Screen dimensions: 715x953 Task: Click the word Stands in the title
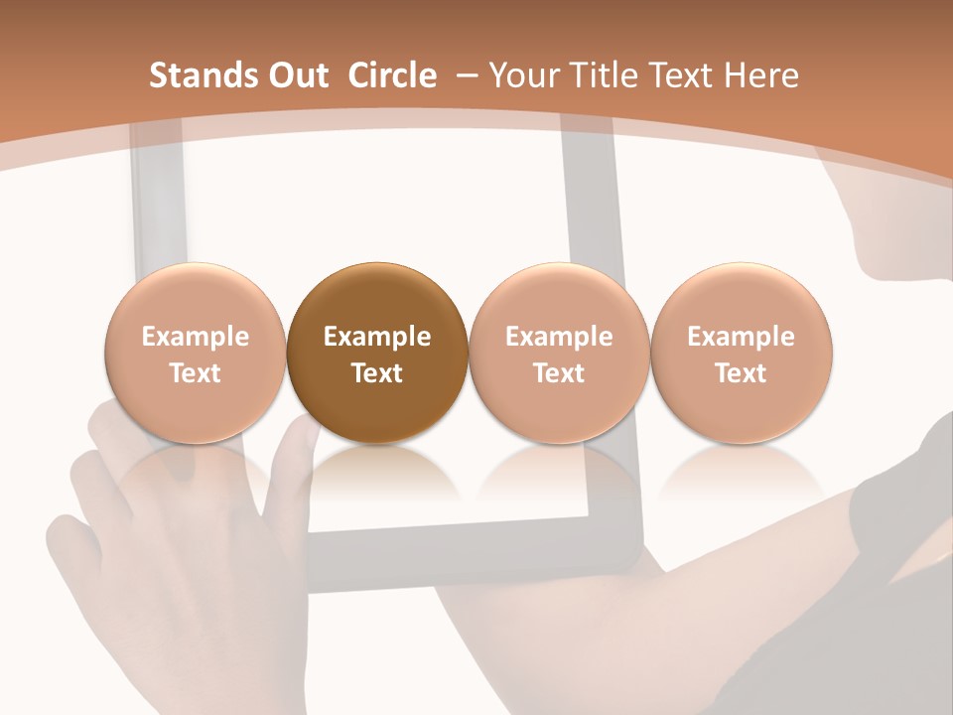click(x=200, y=75)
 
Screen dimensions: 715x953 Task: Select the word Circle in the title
click(x=392, y=75)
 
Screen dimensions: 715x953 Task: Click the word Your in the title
click(x=522, y=76)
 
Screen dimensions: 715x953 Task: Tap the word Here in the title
click(x=762, y=75)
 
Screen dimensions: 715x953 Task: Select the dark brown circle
click(x=377, y=353)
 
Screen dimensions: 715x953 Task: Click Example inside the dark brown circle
click(x=377, y=337)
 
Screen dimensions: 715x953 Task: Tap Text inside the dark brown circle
click(x=377, y=373)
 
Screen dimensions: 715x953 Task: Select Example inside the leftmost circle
click(x=196, y=337)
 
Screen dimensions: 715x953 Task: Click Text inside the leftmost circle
click(x=196, y=373)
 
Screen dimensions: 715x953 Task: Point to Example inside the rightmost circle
click(x=742, y=337)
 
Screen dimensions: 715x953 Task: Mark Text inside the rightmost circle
click(x=742, y=373)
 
